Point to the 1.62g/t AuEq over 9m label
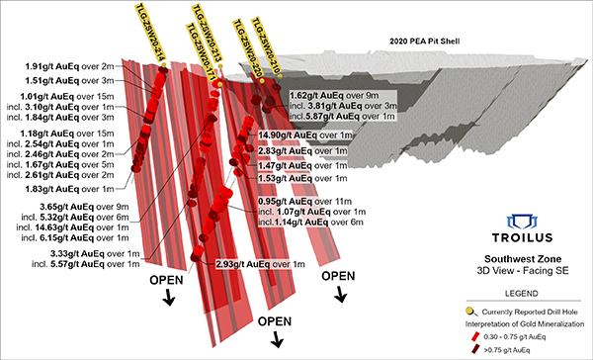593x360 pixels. [332, 96]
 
